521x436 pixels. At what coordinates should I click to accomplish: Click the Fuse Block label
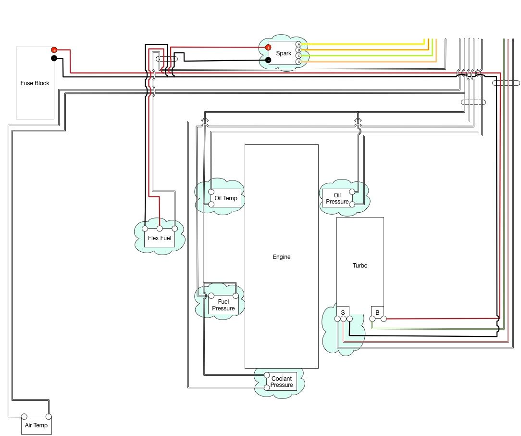(35, 83)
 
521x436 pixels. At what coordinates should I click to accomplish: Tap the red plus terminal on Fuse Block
(54, 50)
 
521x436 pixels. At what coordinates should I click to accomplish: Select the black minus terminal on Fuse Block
(54, 58)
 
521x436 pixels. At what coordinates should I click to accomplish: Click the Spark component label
(284, 53)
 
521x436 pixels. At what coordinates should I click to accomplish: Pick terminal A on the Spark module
(298, 44)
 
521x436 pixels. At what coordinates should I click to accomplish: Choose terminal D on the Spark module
(298, 62)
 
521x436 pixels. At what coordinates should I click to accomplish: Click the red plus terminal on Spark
(268, 48)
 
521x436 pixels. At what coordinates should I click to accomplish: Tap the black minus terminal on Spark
(268, 60)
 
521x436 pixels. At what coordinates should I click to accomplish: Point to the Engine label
(282, 257)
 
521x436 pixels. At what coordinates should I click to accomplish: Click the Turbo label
(360, 266)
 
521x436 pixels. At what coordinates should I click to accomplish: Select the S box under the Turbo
(343, 312)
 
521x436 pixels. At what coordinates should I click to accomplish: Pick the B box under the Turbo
(377, 312)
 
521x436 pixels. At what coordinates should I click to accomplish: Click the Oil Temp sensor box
(226, 198)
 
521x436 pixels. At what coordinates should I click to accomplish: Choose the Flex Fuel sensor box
(160, 238)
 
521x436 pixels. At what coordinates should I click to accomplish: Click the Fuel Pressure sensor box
(223, 305)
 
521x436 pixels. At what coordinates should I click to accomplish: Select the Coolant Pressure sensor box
(282, 382)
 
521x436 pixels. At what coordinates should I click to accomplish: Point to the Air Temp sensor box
(37, 425)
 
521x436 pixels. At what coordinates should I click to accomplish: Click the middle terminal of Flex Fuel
(160, 229)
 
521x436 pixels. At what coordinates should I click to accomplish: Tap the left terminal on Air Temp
(25, 417)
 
